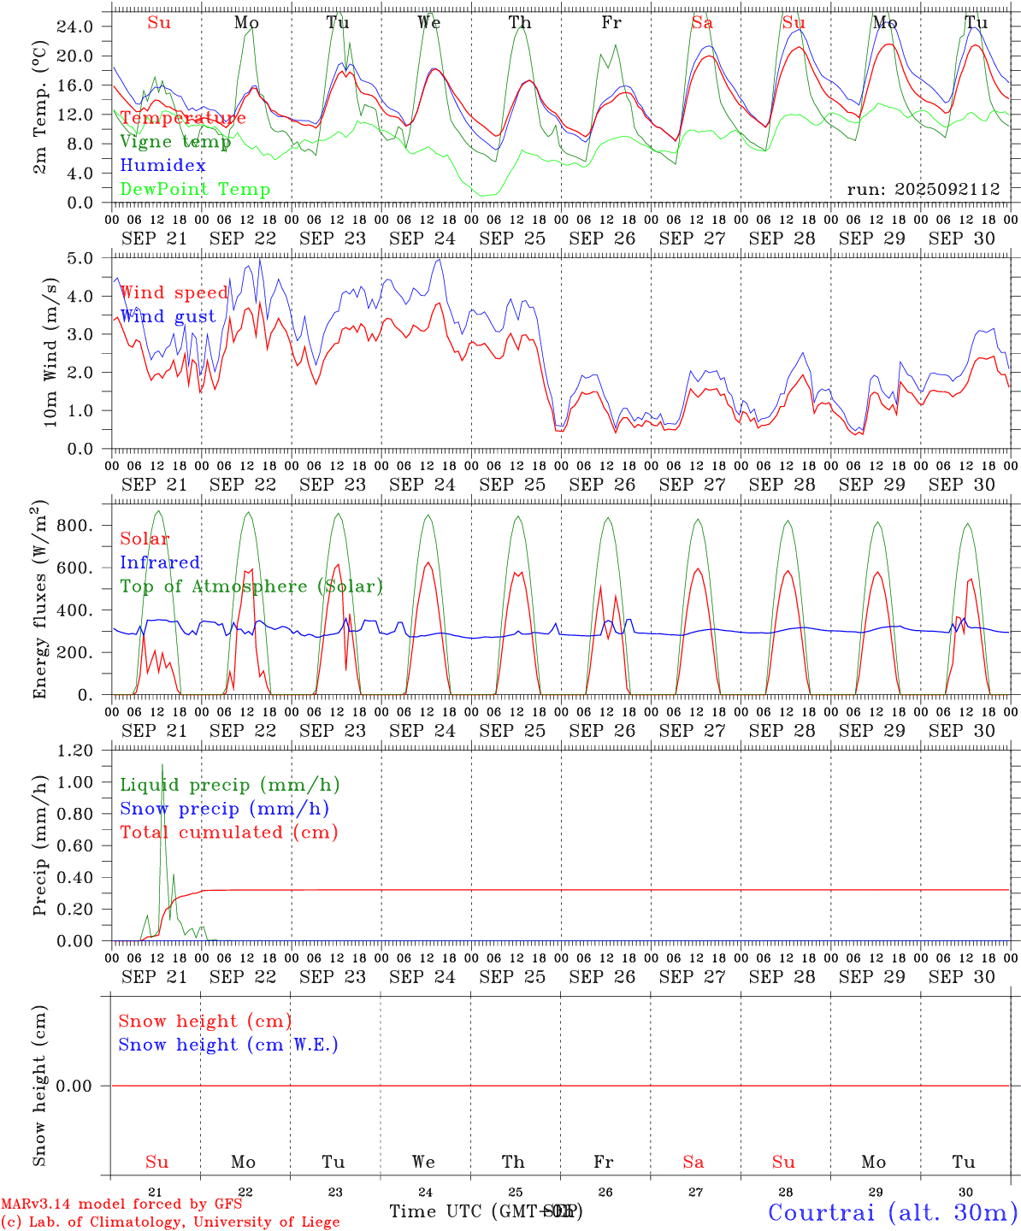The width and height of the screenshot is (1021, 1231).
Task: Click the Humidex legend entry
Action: [162, 166]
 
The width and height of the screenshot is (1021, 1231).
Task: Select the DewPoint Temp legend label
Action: [195, 190]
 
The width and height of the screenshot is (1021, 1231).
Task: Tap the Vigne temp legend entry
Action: [175, 142]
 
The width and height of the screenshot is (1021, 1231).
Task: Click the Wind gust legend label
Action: [168, 316]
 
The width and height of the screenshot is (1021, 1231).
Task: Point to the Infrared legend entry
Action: [160, 562]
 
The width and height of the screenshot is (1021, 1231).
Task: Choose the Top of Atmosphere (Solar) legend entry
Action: [251, 586]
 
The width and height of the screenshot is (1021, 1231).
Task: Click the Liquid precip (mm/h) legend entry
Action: [229, 785]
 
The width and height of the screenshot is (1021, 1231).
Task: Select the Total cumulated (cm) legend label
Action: [228, 832]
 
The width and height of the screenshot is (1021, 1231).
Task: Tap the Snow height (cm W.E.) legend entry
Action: [227, 1045]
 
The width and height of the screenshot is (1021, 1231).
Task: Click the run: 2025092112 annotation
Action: [923, 190]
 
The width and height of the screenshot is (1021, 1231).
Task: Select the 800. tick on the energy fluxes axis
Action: [74, 525]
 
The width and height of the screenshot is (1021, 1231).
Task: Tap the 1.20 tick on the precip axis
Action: [77, 751]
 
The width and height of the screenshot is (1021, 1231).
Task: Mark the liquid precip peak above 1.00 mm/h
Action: [162, 765]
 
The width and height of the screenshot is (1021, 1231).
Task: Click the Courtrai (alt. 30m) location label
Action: [892, 1211]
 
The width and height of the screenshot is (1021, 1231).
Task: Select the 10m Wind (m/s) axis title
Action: [50, 351]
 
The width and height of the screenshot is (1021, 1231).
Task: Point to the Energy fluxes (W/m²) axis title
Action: [41, 598]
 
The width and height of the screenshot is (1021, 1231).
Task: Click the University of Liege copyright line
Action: [170, 1222]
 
